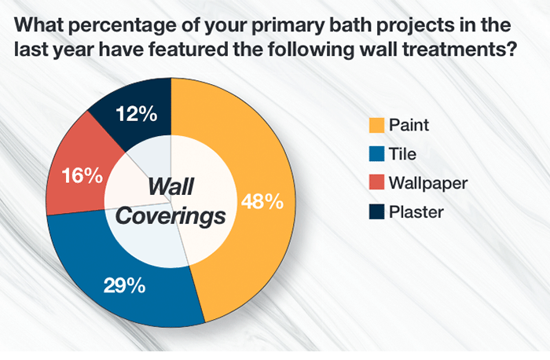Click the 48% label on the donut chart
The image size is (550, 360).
262,201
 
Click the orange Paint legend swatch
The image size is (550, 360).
376,124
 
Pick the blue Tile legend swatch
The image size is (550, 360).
376,154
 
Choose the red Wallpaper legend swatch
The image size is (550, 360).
376,183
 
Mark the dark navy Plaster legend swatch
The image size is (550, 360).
376,213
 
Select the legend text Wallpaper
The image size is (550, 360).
430,183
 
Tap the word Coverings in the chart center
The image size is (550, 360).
170,215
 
